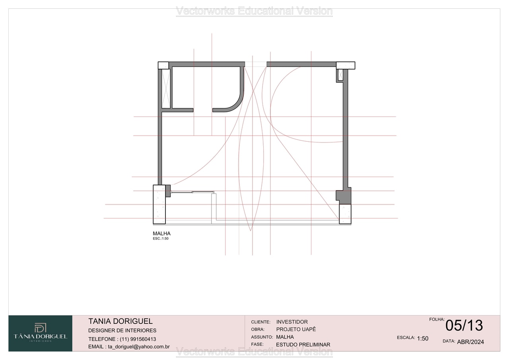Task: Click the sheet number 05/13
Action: pyautogui.click(x=464, y=325)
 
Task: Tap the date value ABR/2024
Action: pyautogui.click(x=470, y=342)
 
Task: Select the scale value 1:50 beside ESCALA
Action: pyautogui.click(x=423, y=339)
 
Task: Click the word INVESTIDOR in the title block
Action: pyautogui.click(x=292, y=322)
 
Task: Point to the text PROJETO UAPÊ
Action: pyautogui.click(x=296, y=329)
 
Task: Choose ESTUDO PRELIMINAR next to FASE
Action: pyautogui.click(x=303, y=344)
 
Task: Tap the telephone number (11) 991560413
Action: pyautogui.click(x=138, y=339)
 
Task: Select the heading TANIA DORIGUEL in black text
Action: pyautogui.click(x=120, y=321)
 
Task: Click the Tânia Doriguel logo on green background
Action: pyautogui.click(x=41, y=333)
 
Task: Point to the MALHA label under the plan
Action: pyautogui.click(x=161, y=234)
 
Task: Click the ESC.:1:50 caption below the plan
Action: pyautogui.click(x=161, y=238)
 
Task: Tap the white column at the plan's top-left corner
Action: pyautogui.click(x=163, y=66)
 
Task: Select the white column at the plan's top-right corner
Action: pyautogui.click(x=346, y=66)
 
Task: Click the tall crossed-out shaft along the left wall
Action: pyautogui.click(x=166, y=89)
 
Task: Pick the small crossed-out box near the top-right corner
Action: pyautogui.click(x=340, y=75)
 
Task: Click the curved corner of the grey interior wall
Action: pyautogui.click(x=238, y=103)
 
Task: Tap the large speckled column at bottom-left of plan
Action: pyautogui.click(x=159, y=204)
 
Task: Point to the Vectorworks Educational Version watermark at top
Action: pyautogui.click(x=254, y=11)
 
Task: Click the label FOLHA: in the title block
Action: pyautogui.click(x=437, y=319)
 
